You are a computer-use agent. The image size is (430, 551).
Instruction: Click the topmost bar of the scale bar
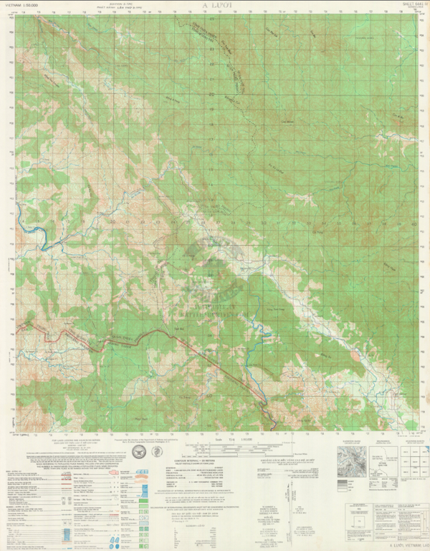coord(229,443)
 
